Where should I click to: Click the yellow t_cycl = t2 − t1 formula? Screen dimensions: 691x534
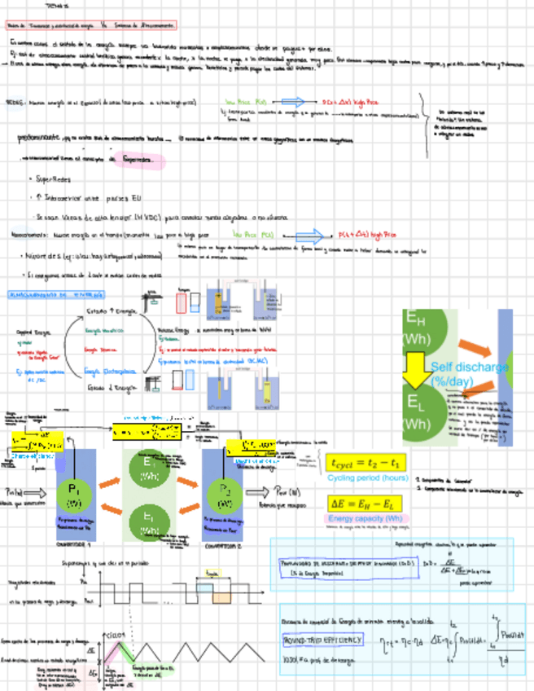pos(365,461)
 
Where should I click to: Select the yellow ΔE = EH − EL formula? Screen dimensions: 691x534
pos(365,503)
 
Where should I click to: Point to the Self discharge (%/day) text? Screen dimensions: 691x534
pos(470,374)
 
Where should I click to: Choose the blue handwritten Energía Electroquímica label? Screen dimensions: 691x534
pos(111,371)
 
